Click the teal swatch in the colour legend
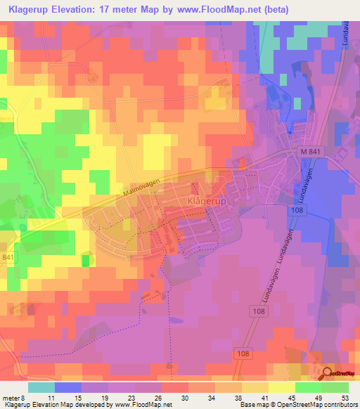tap(41, 387)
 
